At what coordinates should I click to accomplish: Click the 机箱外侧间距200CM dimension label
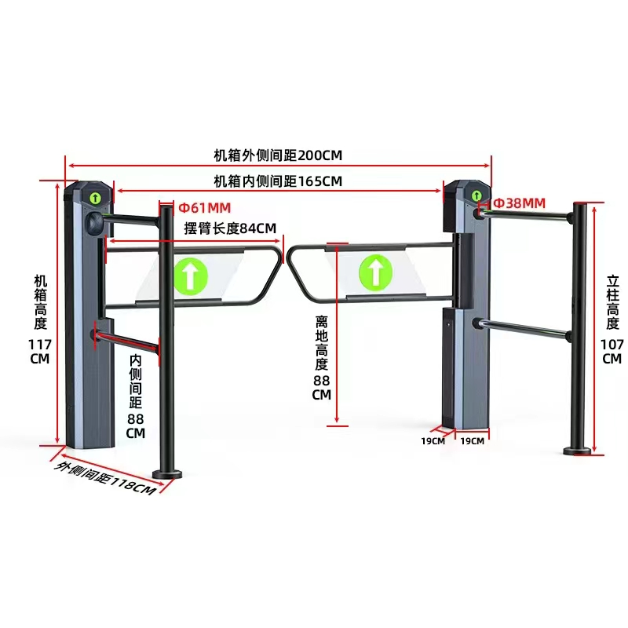tap(278, 155)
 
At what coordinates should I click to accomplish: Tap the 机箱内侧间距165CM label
tap(278, 181)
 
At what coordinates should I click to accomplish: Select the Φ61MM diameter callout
tap(205, 208)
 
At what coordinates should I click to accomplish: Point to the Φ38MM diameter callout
tap(520, 203)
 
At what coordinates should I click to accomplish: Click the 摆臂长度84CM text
tap(230, 228)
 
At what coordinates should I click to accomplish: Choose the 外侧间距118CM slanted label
tap(105, 478)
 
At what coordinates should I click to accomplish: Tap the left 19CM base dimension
tap(433, 441)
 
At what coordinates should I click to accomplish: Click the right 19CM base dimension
tap(473, 441)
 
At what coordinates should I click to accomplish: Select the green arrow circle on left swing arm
tap(191, 276)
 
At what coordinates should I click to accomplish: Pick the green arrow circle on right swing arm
tap(376, 273)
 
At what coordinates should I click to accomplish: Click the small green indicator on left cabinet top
tap(95, 198)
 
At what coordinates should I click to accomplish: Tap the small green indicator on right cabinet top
tap(476, 195)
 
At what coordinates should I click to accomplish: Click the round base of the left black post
tap(167, 474)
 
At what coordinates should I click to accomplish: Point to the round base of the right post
tap(577, 451)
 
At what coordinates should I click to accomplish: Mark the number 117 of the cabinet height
tap(40, 345)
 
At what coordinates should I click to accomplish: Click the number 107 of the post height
tap(612, 345)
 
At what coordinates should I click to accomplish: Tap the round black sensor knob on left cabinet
tap(95, 223)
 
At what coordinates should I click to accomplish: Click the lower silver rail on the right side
tap(523, 329)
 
